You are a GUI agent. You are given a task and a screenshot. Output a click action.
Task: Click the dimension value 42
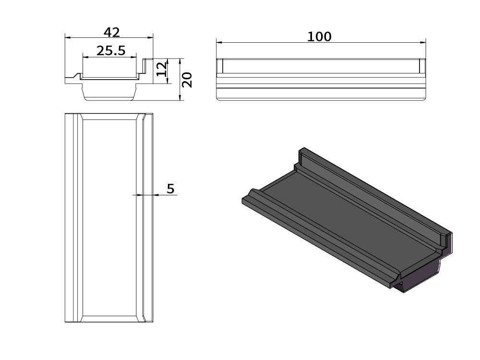click(111, 32)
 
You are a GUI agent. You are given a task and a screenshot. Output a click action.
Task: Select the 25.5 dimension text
click(111, 50)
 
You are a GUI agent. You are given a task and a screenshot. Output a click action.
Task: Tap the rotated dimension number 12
click(161, 69)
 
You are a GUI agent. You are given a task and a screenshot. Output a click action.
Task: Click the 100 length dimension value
click(319, 37)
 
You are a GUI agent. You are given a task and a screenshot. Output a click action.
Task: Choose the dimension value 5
click(170, 189)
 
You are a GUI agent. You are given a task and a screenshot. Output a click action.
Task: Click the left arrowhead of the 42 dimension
click(68, 37)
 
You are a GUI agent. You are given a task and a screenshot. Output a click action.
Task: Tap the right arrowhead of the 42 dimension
click(150, 37)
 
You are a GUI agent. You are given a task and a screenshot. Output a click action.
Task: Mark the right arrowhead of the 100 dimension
click(423, 43)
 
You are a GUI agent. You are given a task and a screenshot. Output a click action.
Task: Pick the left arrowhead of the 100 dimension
click(219, 43)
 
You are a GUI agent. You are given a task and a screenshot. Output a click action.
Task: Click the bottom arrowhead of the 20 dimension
click(180, 97)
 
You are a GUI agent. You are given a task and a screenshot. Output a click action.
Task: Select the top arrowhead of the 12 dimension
click(168, 61)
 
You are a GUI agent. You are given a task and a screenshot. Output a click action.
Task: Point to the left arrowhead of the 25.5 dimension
click(86, 57)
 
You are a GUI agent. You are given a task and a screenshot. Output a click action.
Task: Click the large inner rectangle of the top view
click(109, 217)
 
